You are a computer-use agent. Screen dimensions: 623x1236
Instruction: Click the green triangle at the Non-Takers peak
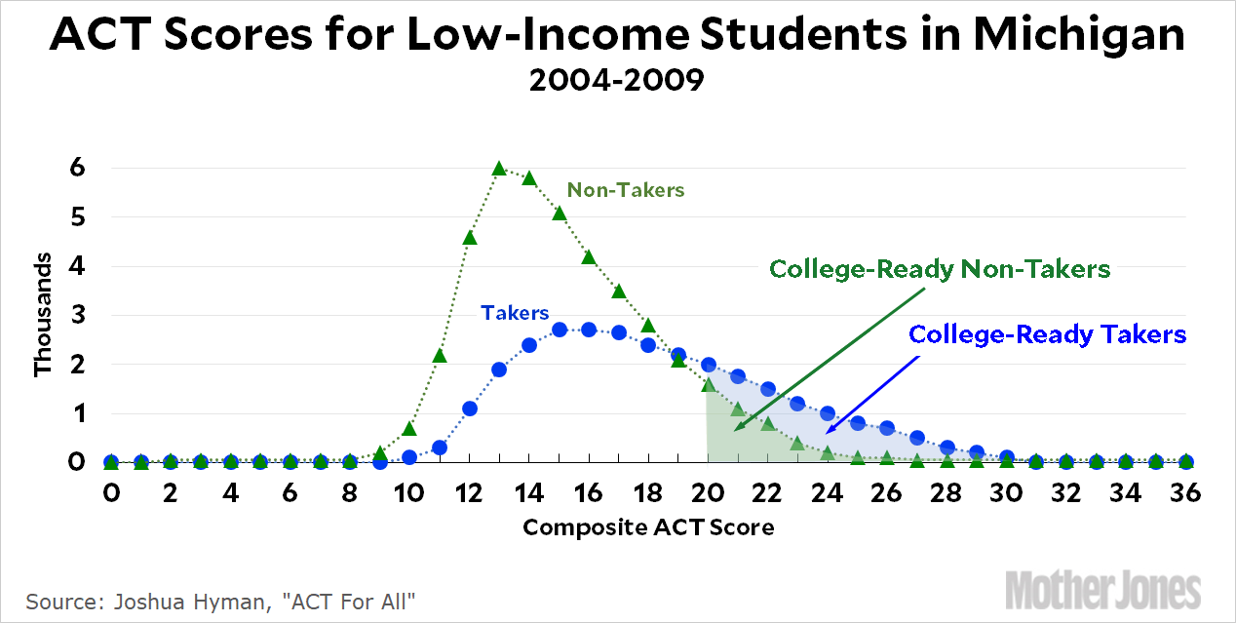click(499, 169)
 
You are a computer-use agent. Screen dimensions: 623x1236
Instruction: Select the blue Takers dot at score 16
click(589, 330)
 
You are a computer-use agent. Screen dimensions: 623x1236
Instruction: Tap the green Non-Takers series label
click(625, 190)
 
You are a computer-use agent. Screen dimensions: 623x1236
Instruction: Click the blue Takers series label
click(515, 313)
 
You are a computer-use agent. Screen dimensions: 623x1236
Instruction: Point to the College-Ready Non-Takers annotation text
click(940, 269)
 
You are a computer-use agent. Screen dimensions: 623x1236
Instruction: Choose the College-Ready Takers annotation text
click(1047, 334)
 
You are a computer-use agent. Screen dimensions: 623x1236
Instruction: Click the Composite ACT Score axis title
click(648, 527)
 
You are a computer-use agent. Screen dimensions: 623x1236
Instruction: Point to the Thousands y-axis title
click(44, 314)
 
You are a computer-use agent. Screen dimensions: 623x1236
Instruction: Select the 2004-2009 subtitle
click(616, 79)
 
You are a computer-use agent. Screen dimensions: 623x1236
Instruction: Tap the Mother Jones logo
click(1102, 590)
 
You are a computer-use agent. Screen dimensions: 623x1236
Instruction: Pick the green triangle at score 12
click(469, 237)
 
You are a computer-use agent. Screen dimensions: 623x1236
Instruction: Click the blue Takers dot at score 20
click(709, 365)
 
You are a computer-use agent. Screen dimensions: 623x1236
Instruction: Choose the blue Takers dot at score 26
click(887, 428)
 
